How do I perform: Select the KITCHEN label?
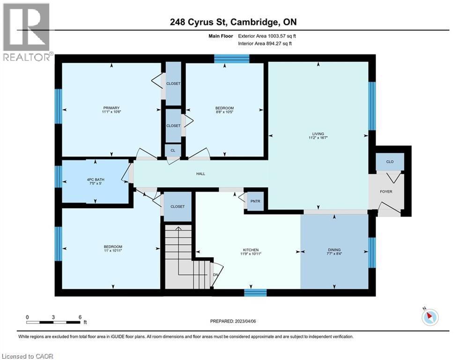click(x=251, y=250)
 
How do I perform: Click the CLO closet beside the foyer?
click(x=389, y=162)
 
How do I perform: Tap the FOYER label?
click(x=386, y=191)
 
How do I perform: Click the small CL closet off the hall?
click(x=173, y=150)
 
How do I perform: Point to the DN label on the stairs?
click(x=215, y=275)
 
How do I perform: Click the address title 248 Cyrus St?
click(x=233, y=22)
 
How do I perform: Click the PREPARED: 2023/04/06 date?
click(x=234, y=321)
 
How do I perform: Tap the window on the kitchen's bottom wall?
click(x=255, y=293)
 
